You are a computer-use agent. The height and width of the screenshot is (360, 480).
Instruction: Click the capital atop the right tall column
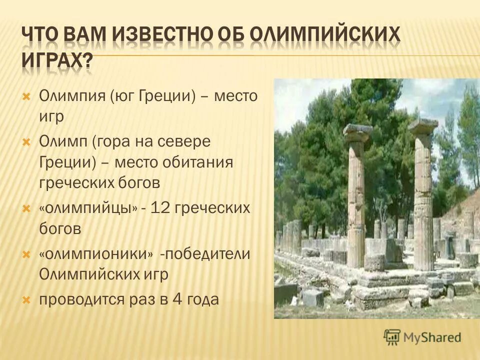pos(423,126)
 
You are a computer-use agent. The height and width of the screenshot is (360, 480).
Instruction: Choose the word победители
pos(204,254)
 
